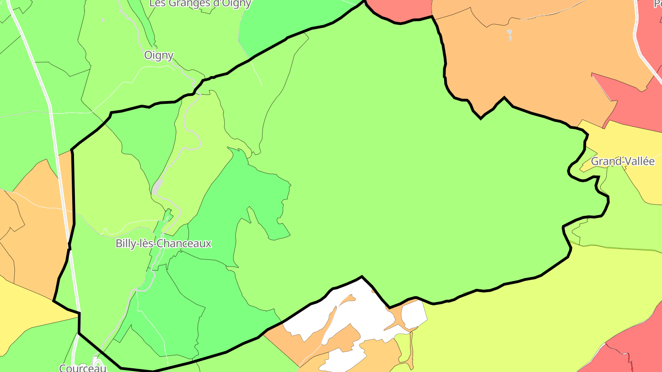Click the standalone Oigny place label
click(x=159, y=56)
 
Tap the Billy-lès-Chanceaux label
click(x=163, y=243)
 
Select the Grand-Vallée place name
click(x=622, y=161)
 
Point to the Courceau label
click(x=83, y=368)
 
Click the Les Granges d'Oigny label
click(x=200, y=4)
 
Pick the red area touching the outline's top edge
click(x=398, y=9)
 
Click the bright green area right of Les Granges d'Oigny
click(x=294, y=23)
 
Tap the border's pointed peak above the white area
click(x=362, y=277)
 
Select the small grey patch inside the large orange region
click(x=509, y=33)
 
